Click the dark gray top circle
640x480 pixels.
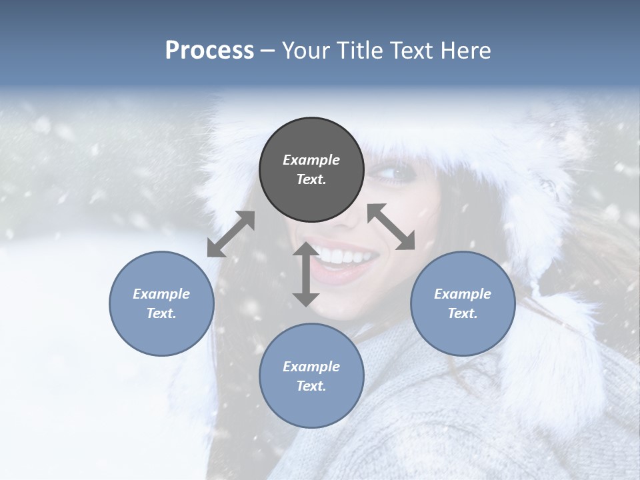[311, 170]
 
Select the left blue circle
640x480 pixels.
[161, 303]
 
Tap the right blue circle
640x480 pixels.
[463, 303]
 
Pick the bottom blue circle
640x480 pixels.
[311, 376]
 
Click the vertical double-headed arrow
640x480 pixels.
[305, 274]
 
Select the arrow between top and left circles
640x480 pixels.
[231, 234]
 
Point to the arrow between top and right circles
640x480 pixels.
[391, 227]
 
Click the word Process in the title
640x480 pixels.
[209, 51]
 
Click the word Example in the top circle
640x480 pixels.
[311, 160]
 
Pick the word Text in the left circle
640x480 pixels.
[161, 313]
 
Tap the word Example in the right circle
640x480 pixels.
[463, 294]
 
